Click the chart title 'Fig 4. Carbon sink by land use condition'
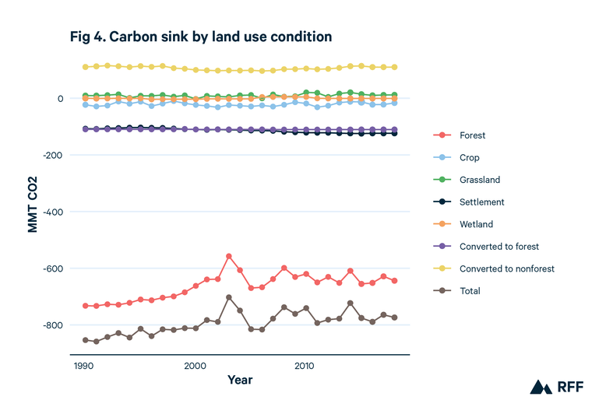point(201,37)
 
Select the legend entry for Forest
point(472,135)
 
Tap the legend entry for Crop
point(469,157)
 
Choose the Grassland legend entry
point(479,180)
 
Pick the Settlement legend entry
point(481,202)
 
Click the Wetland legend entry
point(476,224)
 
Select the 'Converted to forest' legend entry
point(499,247)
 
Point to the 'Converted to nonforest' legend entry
point(506,269)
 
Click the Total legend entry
point(470,291)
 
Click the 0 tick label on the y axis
point(59,99)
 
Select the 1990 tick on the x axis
point(86,366)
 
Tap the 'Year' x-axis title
point(239,381)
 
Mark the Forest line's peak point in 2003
point(229,256)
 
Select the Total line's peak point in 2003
point(229,297)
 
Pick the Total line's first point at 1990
point(86,340)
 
